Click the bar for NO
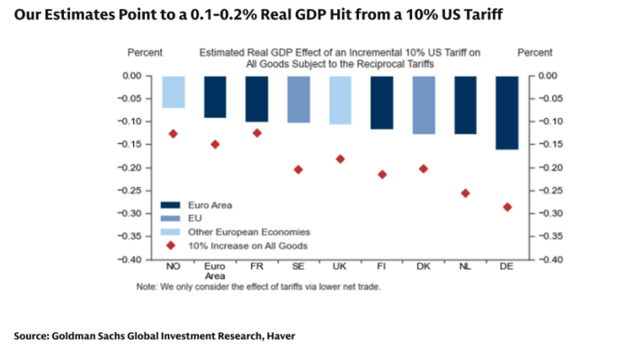pyautogui.click(x=173, y=92)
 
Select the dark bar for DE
pyautogui.click(x=507, y=112)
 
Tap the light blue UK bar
pyautogui.click(x=340, y=100)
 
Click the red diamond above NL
pyautogui.click(x=465, y=193)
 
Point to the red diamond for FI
pyautogui.click(x=381, y=175)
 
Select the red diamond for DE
pyautogui.click(x=507, y=207)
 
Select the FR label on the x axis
pyautogui.click(x=256, y=267)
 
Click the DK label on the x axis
pyautogui.click(x=424, y=267)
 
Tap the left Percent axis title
pyautogui.click(x=146, y=54)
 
